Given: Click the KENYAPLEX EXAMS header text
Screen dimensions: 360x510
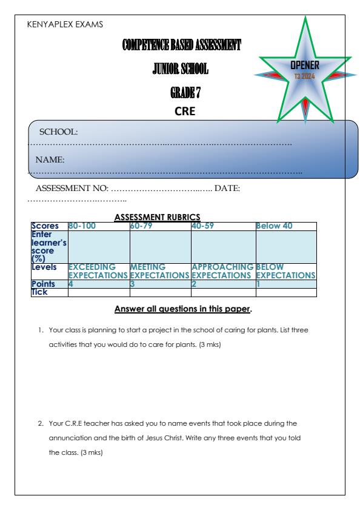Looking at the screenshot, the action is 65,25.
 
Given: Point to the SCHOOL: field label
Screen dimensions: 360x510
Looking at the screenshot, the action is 60,132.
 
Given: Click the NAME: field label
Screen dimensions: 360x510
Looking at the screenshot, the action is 50,160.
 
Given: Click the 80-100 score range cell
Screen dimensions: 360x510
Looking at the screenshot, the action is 82,226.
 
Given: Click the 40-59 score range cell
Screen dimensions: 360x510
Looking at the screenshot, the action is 204,226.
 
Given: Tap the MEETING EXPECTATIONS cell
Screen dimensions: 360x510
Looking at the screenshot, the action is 159,270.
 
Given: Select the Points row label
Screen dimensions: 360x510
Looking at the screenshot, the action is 44,284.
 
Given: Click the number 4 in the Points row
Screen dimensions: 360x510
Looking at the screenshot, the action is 71,284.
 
